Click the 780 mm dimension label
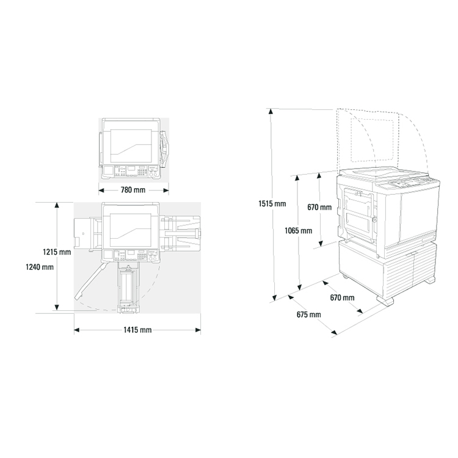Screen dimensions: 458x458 (x=133, y=190)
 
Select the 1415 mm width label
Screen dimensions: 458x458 (x=137, y=330)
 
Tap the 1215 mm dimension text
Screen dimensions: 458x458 (x=57, y=252)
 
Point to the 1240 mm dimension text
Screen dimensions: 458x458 (x=40, y=267)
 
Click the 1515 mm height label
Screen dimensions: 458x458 (x=272, y=203)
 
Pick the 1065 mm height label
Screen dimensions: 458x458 (x=299, y=231)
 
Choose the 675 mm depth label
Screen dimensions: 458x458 (x=309, y=314)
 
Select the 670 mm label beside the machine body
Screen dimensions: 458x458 (x=319, y=208)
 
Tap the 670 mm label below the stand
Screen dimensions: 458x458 (x=343, y=297)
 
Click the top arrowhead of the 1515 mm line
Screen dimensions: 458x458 (x=271, y=111)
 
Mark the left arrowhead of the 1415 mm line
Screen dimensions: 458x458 (x=76, y=330)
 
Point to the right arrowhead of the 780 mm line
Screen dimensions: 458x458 (x=166, y=191)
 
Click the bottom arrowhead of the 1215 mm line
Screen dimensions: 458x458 (x=57, y=307)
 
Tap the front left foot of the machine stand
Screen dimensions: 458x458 (x=385, y=301)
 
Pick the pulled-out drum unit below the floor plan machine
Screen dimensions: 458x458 (x=128, y=288)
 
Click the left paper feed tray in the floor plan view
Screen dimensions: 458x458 (x=87, y=234)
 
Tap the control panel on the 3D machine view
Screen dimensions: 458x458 (x=407, y=184)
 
